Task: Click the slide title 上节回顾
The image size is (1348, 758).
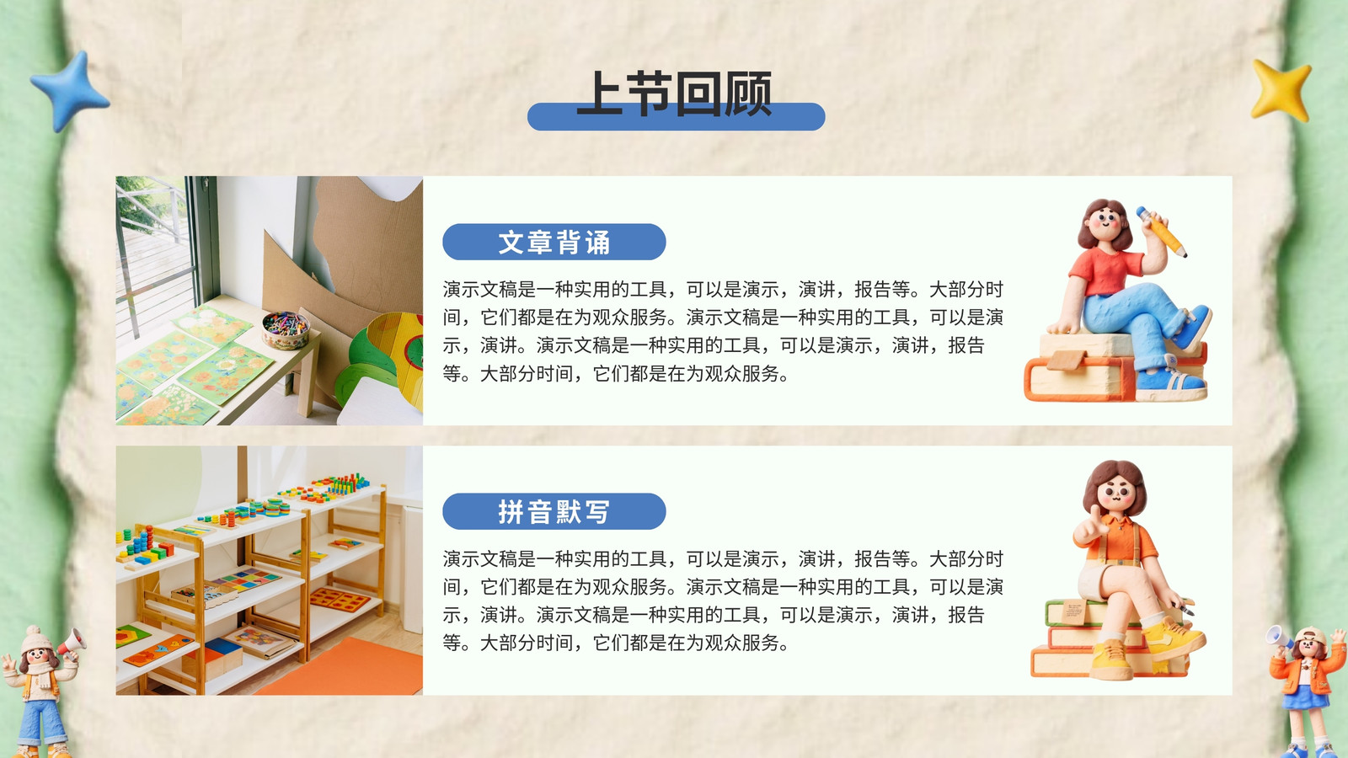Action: click(675, 93)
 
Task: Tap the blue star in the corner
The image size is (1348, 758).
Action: click(71, 91)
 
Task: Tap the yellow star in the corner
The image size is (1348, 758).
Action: click(1281, 90)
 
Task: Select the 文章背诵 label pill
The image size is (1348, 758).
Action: click(554, 242)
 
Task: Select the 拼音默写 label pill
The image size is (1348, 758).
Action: click(554, 511)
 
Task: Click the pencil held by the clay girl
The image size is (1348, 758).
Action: click(1161, 232)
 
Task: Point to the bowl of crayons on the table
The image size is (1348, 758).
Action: click(286, 329)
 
